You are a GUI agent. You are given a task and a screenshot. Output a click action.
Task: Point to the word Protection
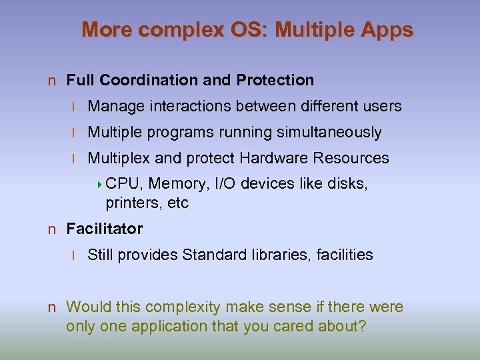275,81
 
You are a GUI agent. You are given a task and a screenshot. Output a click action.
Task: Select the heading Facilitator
104,229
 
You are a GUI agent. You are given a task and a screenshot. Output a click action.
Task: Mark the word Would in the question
89,307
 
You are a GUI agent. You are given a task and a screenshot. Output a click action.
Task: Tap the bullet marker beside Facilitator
51,230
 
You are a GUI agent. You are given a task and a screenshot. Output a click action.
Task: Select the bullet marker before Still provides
76,256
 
